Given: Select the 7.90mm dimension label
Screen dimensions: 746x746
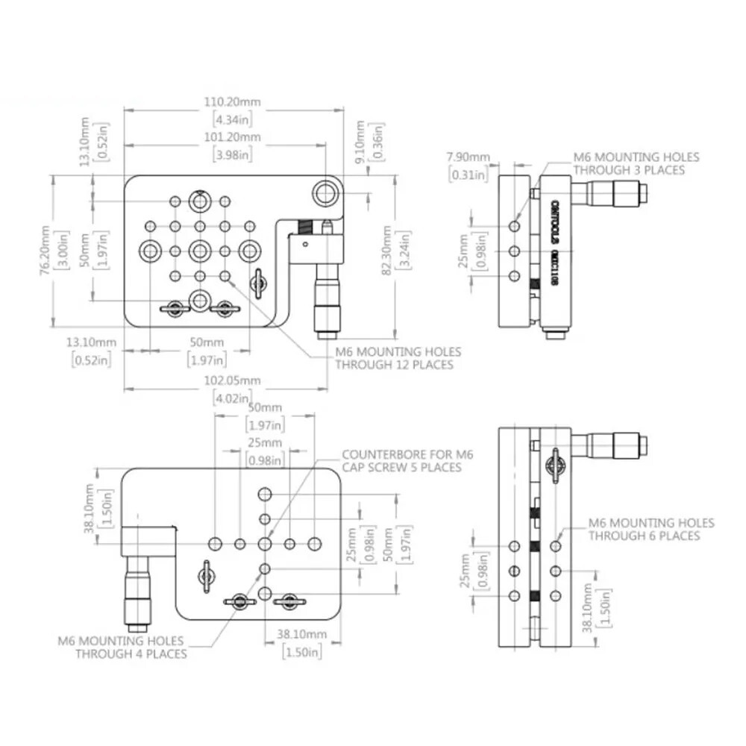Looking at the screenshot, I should (x=468, y=157).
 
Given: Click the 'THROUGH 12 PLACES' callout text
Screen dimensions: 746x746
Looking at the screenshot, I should (x=393, y=365).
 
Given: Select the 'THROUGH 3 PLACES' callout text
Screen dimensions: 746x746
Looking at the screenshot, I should (x=628, y=170).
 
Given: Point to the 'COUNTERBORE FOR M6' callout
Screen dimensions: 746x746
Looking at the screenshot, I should (x=407, y=454).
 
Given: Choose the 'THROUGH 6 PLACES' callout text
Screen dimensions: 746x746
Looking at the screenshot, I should (x=644, y=536).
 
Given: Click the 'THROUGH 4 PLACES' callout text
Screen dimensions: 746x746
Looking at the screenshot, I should (x=131, y=653).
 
